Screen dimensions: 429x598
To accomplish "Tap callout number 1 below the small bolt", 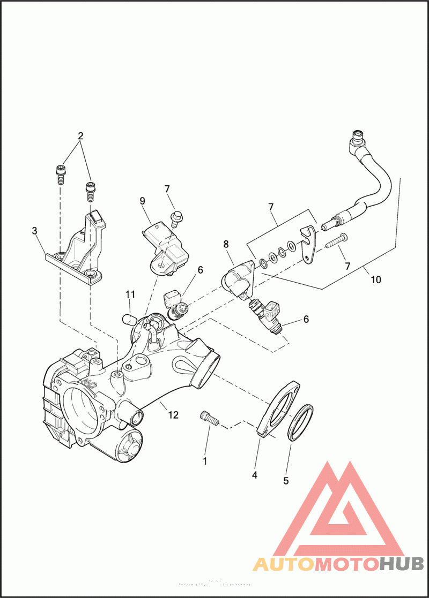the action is (204, 460).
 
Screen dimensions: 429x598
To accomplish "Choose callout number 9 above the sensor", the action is (143, 201).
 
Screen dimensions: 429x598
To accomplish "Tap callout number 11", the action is (130, 294).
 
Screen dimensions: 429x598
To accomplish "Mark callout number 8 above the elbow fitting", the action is (226, 244).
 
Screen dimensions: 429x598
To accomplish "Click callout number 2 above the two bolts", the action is (80, 136).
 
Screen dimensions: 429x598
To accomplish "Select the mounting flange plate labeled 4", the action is (279, 410).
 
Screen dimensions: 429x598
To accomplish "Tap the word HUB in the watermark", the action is (402, 563).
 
